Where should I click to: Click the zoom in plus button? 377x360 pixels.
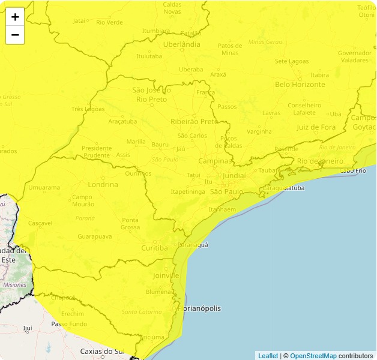15,17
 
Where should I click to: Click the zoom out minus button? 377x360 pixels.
15,35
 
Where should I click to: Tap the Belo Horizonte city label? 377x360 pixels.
300,85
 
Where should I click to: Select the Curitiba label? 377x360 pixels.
155,248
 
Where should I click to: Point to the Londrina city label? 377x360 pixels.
102,184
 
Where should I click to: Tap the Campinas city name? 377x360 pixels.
215,161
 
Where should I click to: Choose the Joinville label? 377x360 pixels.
166,275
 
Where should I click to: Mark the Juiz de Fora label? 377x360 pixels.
316,127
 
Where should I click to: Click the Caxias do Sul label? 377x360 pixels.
102,351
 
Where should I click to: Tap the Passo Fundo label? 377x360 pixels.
69,324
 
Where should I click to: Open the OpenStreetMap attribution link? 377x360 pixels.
313,356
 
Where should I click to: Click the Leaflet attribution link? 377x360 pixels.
268,356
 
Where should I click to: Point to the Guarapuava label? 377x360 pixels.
95,236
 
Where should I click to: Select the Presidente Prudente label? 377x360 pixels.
97,151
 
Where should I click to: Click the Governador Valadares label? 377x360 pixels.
354,56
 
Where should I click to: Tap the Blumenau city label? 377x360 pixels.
159,292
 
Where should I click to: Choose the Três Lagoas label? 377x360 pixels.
88,109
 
